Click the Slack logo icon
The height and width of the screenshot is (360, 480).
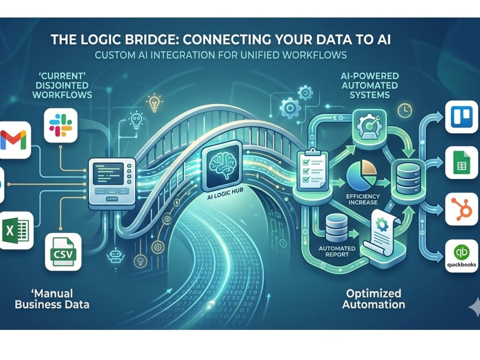point(60,125)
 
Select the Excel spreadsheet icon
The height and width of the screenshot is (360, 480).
point(15,230)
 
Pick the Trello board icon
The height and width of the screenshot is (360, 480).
point(462,117)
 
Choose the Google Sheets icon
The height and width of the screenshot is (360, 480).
point(462,163)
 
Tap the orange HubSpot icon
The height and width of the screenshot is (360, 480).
point(462,209)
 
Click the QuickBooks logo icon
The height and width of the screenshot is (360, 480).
point(462,256)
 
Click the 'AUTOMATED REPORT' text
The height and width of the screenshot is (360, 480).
point(337,252)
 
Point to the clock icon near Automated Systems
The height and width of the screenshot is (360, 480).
point(404,110)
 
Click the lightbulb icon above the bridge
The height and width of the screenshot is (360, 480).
point(155,103)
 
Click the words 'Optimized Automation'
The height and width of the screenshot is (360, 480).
point(373,299)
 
